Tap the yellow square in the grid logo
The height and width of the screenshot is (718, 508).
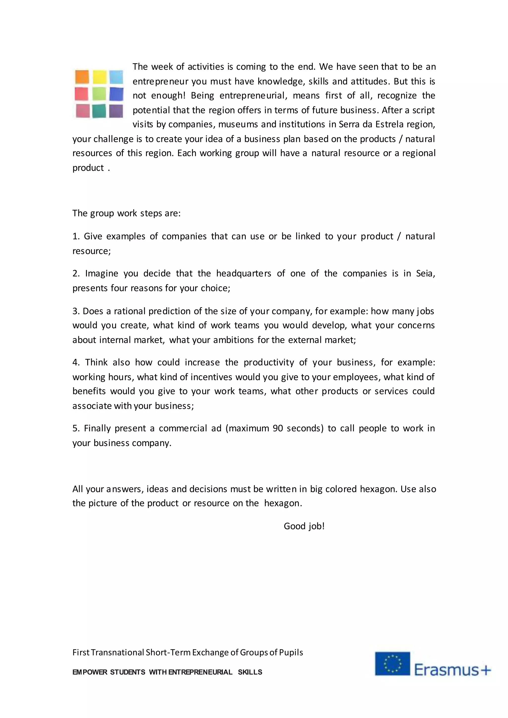[99, 77]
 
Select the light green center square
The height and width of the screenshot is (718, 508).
[99, 94]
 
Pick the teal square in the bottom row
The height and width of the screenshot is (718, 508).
[99, 111]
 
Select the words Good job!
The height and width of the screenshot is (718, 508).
[304, 526]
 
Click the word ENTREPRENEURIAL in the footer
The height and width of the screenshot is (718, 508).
[200, 672]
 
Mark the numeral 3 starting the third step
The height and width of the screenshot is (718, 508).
[75, 311]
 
